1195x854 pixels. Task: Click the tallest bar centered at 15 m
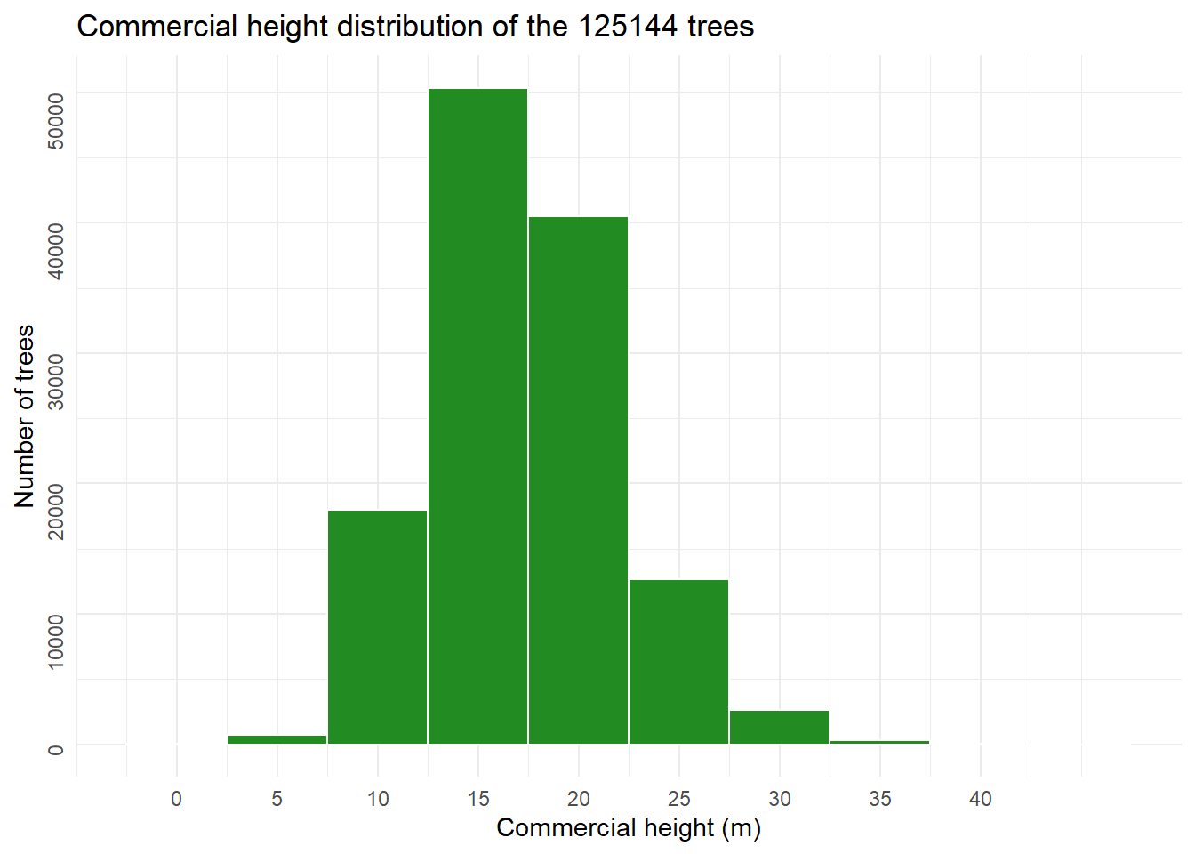pos(478,416)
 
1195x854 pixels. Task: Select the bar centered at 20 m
pos(579,480)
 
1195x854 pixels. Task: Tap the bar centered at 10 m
pos(378,627)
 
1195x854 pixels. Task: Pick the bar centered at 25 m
pos(679,662)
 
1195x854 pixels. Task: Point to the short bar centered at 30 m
pos(780,727)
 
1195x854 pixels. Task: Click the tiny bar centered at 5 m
pos(277,739)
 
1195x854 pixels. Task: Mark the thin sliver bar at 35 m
pos(880,742)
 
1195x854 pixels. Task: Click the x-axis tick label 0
pos(177,799)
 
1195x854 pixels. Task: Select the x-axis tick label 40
pos(981,799)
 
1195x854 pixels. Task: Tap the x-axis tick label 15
pos(478,799)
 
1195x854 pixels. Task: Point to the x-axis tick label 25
pos(679,799)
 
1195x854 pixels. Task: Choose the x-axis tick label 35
pos(880,799)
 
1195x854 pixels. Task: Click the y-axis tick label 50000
pos(55,121)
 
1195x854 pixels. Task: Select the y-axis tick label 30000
pos(55,381)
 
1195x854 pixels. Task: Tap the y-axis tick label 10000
pos(55,640)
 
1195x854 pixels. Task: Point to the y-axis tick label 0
pos(55,750)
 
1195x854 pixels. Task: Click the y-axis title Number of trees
pos(25,416)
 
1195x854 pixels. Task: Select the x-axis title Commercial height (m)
pos(629,828)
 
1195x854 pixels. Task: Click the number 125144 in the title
pos(630,27)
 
